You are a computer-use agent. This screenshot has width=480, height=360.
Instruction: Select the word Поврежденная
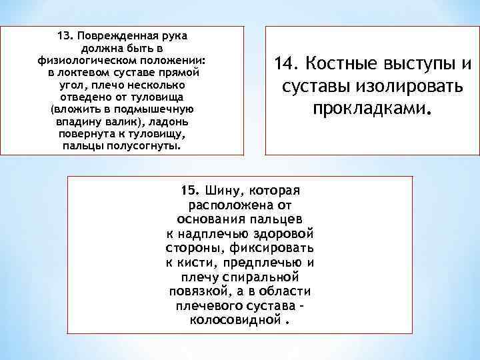pyautogui.click(x=123, y=35)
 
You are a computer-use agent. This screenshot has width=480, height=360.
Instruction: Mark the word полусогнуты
pyautogui.click(x=147, y=146)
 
